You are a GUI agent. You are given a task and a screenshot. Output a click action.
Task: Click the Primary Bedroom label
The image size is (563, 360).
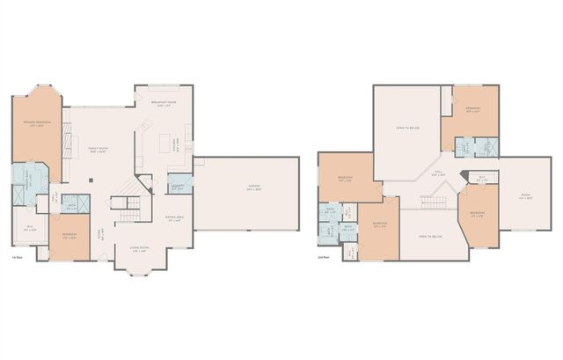coord(36,123)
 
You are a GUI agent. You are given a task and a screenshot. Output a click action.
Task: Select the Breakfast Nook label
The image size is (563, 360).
coord(165,105)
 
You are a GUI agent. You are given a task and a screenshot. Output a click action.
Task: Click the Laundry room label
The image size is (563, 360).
coord(178,187)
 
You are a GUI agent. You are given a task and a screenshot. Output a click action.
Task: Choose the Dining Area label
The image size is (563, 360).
coord(174,219)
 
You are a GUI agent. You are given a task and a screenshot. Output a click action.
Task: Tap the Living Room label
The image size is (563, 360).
coord(139,251)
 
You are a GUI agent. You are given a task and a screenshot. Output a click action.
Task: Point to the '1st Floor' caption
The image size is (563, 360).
coord(18,257)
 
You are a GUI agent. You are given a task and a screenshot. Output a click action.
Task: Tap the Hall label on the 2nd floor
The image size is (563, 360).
coord(437,174)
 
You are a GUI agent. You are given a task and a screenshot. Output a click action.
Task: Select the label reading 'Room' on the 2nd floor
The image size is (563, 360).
coord(525,195)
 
